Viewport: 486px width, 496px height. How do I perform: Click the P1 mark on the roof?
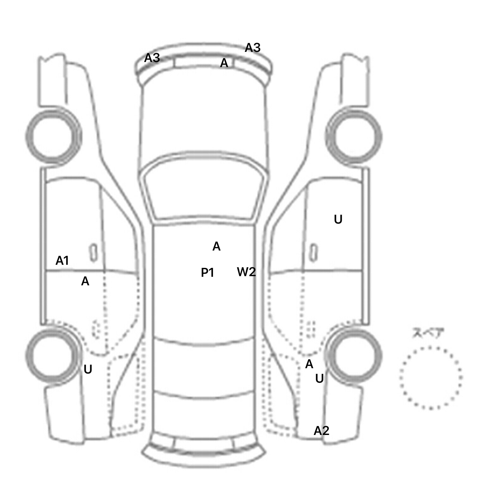(x=208, y=272)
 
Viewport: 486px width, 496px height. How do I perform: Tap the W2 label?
(x=246, y=272)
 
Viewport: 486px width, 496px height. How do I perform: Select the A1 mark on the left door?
(x=62, y=261)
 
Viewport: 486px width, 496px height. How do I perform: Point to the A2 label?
(x=321, y=431)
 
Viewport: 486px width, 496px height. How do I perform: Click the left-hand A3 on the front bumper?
(x=152, y=58)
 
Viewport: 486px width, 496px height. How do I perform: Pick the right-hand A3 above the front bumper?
(x=252, y=48)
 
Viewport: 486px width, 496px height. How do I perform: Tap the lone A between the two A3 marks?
(x=224, y=63)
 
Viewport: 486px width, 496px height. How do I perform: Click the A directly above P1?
(x=216, y=246)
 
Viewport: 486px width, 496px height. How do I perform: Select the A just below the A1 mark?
(x=85, y=281)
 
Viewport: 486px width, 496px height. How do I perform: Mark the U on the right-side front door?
(x=338, y=220)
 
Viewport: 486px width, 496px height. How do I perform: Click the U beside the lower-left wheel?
(x=88, y=369)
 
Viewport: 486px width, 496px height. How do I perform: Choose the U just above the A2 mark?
(x=320, y=379)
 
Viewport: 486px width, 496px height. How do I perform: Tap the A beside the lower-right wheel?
(x=309, y=364)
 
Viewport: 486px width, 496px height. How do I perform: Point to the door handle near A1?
(x=93, y=253)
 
